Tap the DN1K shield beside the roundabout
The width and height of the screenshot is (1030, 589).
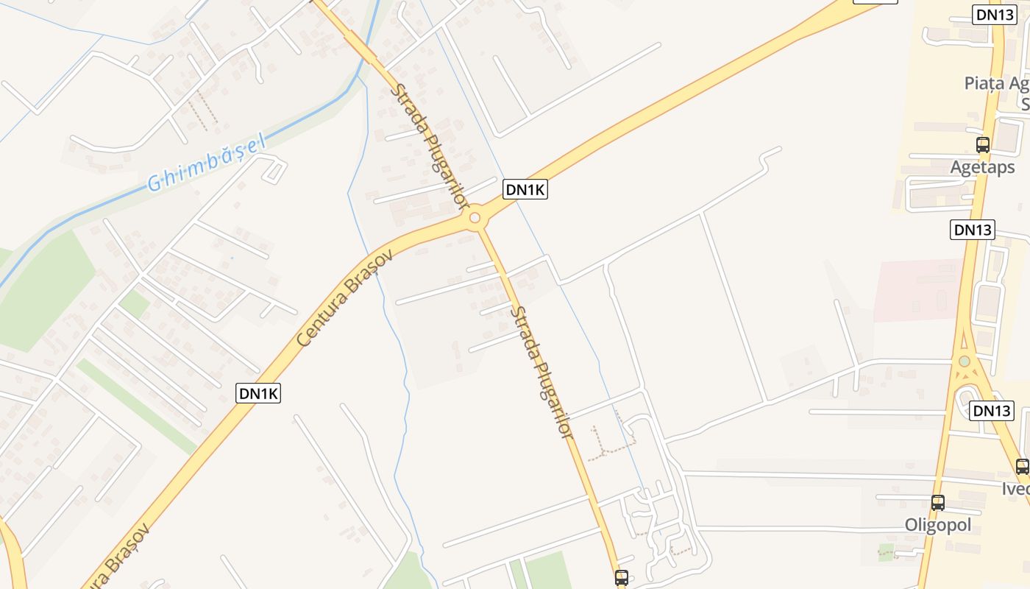coord(525,189)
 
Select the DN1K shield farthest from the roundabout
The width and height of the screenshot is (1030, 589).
coord(258,393)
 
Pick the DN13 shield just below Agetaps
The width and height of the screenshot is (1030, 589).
coord(972,230)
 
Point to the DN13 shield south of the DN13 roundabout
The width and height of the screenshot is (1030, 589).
coord(991,411)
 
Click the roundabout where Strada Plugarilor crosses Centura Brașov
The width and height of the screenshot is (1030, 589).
coord(475,218)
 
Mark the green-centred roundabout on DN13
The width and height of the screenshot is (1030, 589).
coord(964,361)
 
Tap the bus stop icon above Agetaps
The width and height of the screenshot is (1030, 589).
coord(982,145)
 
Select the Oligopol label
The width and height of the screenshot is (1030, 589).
coord(937,525)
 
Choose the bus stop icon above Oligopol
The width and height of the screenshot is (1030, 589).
coord(937,503)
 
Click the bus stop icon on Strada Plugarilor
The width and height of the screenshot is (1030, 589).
coord(621,578)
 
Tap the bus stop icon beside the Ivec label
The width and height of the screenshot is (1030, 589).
coord(1022,466)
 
